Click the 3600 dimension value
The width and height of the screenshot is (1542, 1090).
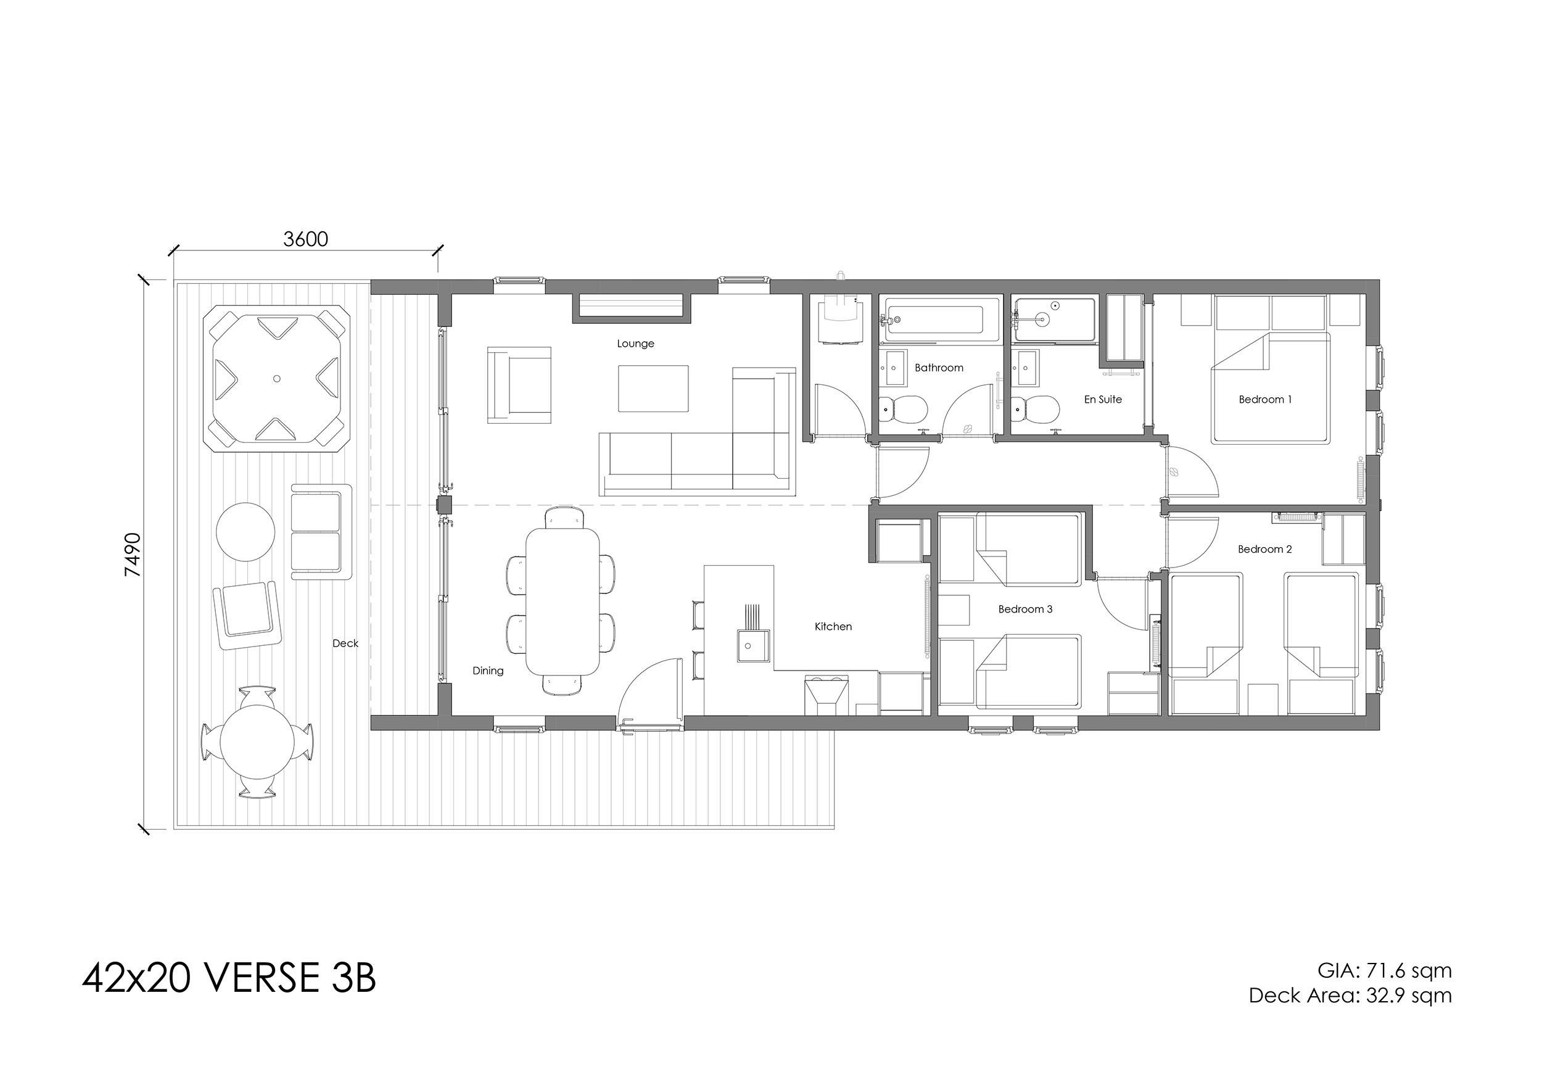point(305,239)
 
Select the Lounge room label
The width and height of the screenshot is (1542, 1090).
point(635,344)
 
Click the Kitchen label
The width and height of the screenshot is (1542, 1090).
point(833,627)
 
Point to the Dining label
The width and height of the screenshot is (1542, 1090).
point(488,671)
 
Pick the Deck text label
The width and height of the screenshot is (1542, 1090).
point(345,643)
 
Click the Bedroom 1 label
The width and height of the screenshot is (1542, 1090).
point(1265,400)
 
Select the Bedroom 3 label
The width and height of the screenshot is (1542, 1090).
point(1025,609)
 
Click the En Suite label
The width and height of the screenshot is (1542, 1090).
point(1103,400)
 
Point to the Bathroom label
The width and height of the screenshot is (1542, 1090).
point(939,368)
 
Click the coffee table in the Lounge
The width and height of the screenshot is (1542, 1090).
point(653,388)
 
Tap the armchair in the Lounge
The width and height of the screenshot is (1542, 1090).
point(519,385)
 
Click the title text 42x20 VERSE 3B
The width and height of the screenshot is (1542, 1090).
point(229,978)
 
